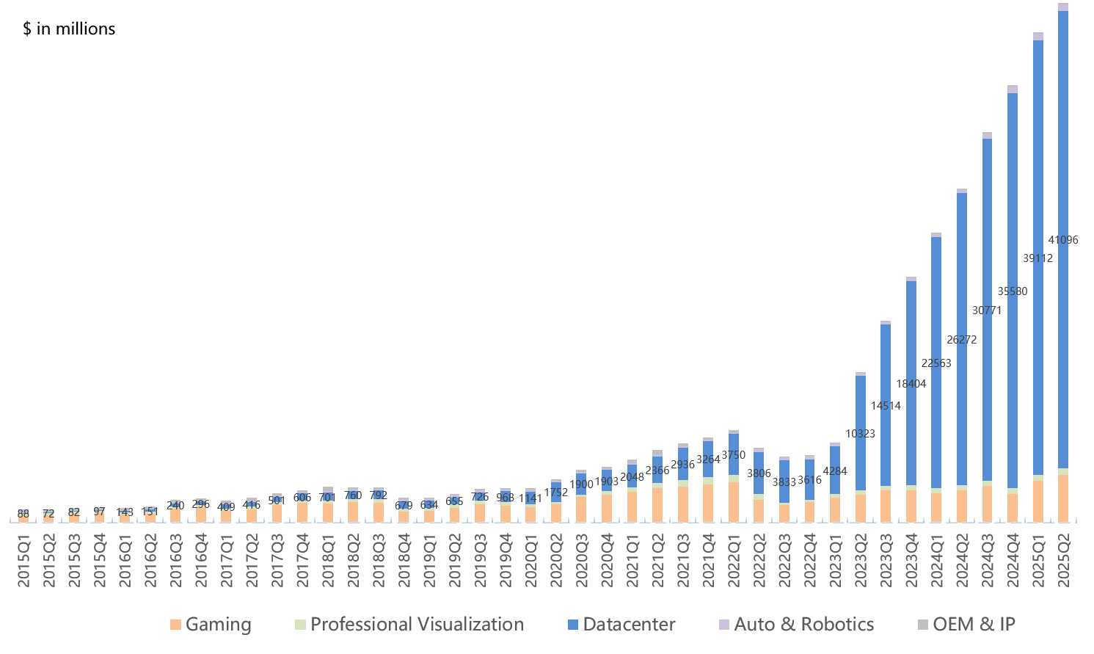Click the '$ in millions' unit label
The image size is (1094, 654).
click(x=69, y=29)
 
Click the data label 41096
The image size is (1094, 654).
click(x=1063, y=240)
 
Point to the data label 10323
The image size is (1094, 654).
click(x=860, y=434)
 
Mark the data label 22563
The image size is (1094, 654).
click(x=936, y=363)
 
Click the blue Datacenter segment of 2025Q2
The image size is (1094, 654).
click(x=1063, y=147)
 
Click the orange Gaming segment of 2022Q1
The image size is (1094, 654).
click(x=733, y=502)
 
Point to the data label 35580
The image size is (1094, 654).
click(x=1013, y=291)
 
